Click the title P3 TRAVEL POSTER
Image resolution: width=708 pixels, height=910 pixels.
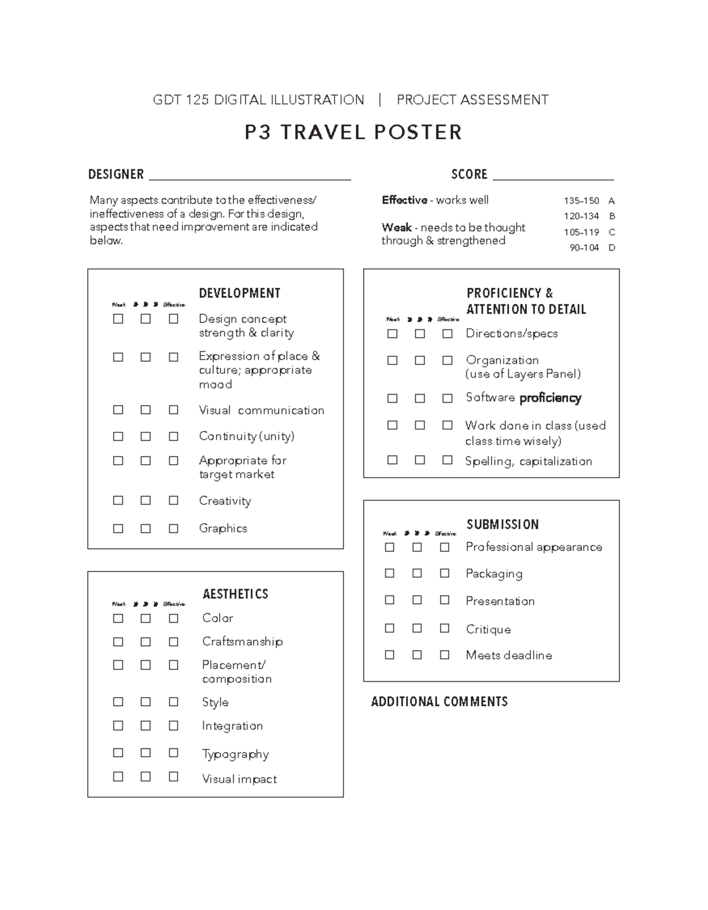coord(353,132)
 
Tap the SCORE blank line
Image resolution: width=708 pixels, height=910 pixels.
coord(553,177)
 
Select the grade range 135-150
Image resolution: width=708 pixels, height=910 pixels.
coord(581,201)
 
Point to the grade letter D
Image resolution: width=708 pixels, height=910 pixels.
coord(612,248)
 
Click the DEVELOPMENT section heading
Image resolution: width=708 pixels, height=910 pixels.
coord(240,293)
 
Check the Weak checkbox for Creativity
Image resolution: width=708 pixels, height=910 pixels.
coord(118,501)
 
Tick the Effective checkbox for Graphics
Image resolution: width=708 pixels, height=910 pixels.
coord(173,528)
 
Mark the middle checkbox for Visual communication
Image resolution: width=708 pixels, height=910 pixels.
coord(146,410)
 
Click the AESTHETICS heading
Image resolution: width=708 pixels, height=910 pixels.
coord(235,594)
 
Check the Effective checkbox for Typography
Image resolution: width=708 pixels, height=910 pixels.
coord(173,753)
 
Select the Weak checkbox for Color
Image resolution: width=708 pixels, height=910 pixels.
coord(118,619)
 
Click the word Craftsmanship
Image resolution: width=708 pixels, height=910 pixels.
coord(242,642)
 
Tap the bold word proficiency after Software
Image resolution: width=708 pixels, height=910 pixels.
coord(550,398)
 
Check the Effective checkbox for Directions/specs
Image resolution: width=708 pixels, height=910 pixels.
coord(448,334)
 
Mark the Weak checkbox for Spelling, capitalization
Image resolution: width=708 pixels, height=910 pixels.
coord(392,460)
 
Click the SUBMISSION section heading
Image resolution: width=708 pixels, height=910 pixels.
coord(503,524)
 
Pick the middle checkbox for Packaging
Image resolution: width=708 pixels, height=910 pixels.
coord(417,573)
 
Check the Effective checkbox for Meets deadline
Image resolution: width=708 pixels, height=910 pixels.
coord(445,655)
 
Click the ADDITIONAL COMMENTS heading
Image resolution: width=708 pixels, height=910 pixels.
coord(440,701)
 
